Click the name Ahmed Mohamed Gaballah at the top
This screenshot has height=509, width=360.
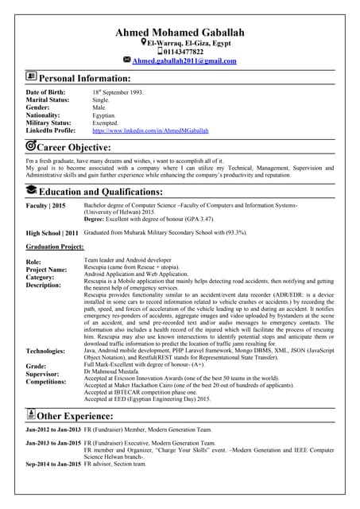(180, 32)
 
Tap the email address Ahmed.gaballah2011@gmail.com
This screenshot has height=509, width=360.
(184, 60)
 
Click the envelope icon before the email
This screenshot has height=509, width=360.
(127, 60)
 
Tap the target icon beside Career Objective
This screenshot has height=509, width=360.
(31, 146)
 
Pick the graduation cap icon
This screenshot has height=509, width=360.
(31, 189)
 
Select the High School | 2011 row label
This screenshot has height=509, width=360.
(52, 233)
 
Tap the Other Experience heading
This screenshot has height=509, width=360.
(83, 414)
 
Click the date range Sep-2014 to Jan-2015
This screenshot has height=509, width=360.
(53, 464)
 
